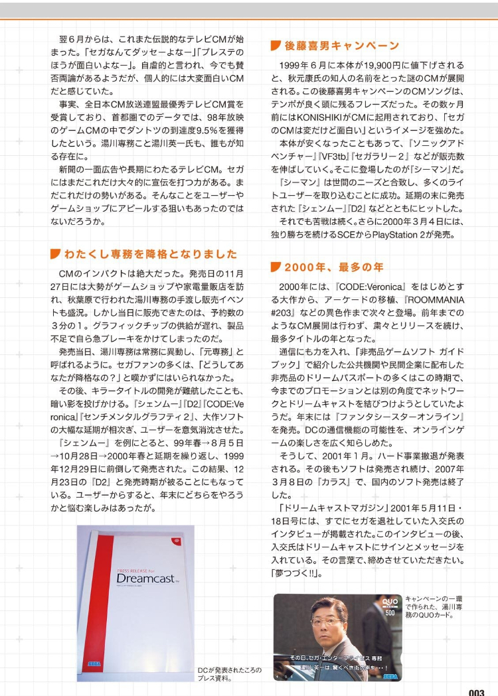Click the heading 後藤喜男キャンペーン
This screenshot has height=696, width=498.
pos(342,46)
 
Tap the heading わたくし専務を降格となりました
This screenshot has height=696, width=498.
pos(150,254)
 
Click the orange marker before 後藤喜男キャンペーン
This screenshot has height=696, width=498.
pos(276,46)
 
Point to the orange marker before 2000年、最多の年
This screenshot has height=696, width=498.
pos(276,267)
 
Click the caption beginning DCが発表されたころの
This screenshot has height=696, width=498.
pos(230,674)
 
